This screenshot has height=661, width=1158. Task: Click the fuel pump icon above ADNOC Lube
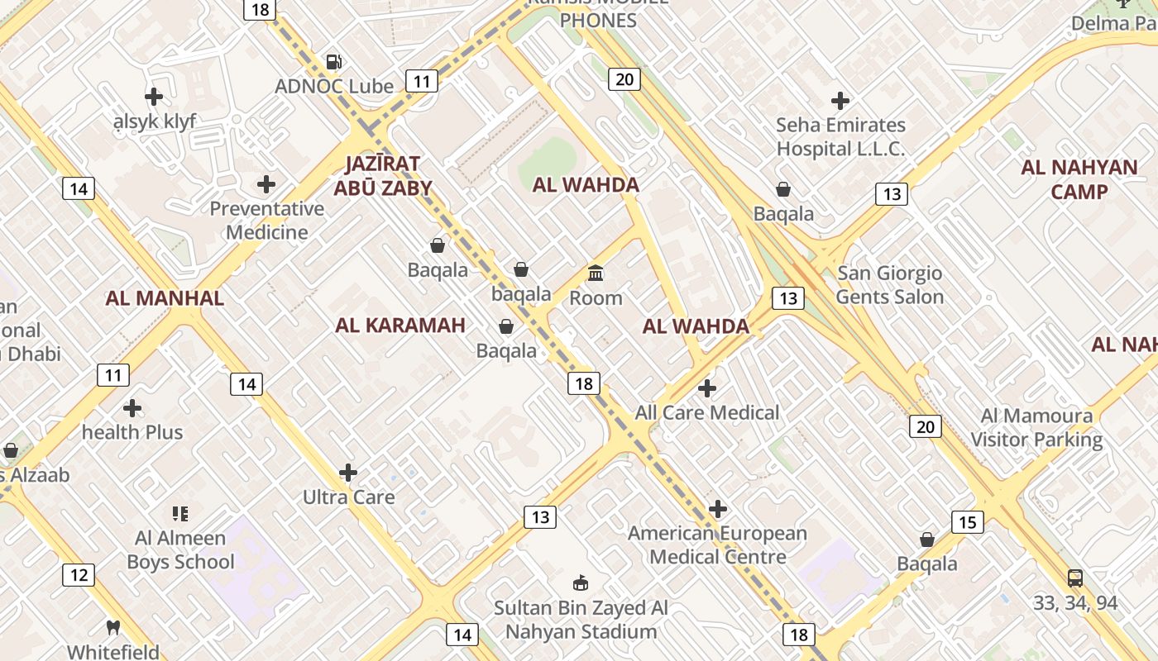pyautogui.click(x=333, y=61)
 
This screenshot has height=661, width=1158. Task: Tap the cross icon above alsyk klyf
pyautogui.click(x=154, y=97)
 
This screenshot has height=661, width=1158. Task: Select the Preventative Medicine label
pyautogui.click(x=266, y=220)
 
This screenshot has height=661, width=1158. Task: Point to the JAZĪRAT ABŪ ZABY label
pyautogui.click(x=383, y=175)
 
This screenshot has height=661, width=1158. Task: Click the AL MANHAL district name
pyautogui.click(x=165, y=298)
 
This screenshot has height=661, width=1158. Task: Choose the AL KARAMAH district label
pyautogui.click(x=400, y=325)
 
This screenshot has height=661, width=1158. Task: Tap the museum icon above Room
pyautogui.click(x=596, y=273)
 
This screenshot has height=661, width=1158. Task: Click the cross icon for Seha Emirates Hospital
pyautogui.click(x=840, y=101)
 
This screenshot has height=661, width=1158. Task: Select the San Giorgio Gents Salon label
pyautogui.click(x=889, y=284)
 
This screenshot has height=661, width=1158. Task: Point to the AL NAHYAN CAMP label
pyautogui.click(x=1079, y=179)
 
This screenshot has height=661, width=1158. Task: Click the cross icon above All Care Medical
pyautogui.click(x=707, y=388)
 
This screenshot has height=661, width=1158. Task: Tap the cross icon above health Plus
pyautogui.click(x=132, y=408)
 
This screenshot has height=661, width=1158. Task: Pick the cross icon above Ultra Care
pyautogui.click(x=348, y=473)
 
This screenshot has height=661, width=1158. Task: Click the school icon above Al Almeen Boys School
pyautogui.click(x=180, y=514)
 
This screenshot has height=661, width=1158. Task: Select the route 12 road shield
pyautogui.click(x=78, y=575)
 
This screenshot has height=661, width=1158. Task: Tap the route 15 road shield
pyautogui.click(x=968, y=522)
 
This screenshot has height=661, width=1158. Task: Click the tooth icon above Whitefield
pyautogui.click(x=113, y=627)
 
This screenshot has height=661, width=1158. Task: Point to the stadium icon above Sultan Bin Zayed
pyautogui.click(x=581, y=583)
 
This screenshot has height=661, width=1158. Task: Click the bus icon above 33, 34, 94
pyautogui.click(x=1074, y=578)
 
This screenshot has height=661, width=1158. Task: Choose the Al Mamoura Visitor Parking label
pyautogui.click(x=1036, y=427)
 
